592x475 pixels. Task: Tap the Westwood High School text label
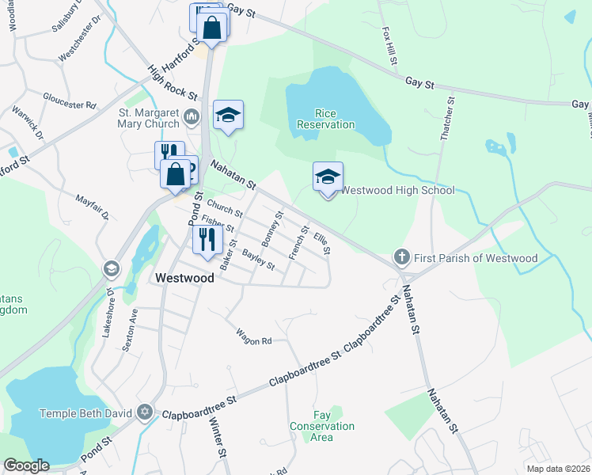pos(397,190)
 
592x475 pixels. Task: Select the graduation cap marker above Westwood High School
pos(328,177)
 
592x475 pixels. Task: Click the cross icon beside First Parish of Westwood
pos(402,257)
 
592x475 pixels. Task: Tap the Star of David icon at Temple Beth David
pos(144,412)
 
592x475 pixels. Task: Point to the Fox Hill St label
pos(389,46)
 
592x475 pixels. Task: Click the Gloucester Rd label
pos(70,102)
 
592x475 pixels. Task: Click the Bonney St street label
pos(272,226)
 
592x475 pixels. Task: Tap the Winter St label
pos(216,435)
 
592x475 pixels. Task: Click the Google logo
pos(26,465)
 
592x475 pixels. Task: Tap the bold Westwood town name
pos(184,278)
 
